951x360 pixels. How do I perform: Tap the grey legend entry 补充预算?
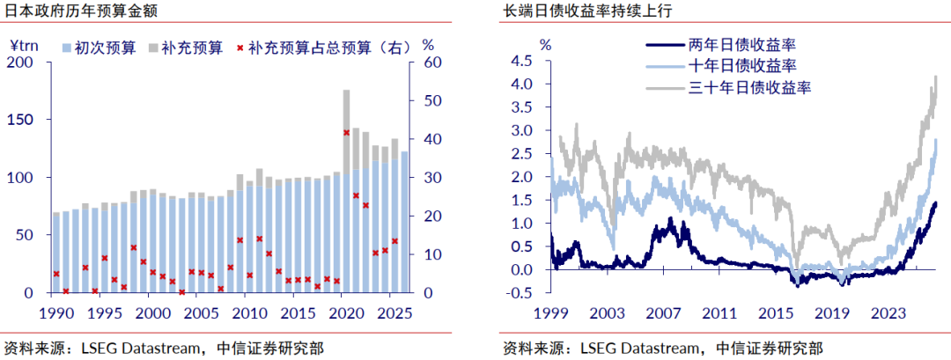click(186, 48)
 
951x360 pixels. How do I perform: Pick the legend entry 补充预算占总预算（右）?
click(325, 48)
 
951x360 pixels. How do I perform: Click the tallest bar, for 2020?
click(346, 192)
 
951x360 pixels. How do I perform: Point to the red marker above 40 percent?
click(346, 133)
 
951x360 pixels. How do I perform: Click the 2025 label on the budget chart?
click(396, 313)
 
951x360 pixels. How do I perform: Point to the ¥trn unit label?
click(24, 44)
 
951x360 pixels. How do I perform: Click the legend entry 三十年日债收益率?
click(730, 88)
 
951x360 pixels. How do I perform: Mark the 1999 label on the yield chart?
click(551, 313)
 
